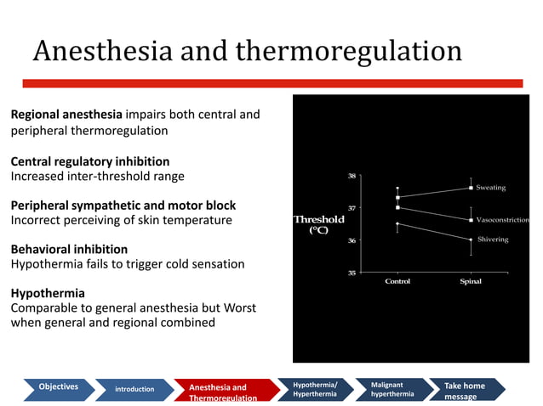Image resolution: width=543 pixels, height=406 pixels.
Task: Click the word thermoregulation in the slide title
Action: (x=348, y=52)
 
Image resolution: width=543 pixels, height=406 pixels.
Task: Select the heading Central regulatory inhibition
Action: (x=89, y=161)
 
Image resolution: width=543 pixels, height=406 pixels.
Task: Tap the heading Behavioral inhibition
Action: (x=68, y=250)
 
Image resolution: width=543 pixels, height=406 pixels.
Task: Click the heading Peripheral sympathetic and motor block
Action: (x=123, y=206)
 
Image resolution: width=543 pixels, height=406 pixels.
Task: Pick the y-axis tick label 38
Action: (x=352, y=176)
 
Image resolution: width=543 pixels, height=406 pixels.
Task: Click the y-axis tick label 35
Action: (x=352, y=273)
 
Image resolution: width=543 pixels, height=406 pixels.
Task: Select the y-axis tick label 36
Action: (x=352, y=240)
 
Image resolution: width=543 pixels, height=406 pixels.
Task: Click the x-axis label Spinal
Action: (x=471, y=281)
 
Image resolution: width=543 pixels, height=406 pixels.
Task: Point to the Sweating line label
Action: (x=490, y=187)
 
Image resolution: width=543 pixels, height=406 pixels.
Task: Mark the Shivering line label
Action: (x=493, y=240)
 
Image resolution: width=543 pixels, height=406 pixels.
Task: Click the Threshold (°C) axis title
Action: (x=318, y=224)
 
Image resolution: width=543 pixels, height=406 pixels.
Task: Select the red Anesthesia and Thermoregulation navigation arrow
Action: (x=223, y=392)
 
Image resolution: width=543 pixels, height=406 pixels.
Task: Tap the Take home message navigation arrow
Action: (x=465, y=391)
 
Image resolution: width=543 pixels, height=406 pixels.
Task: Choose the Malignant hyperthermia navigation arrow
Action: (x=392, y=389)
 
